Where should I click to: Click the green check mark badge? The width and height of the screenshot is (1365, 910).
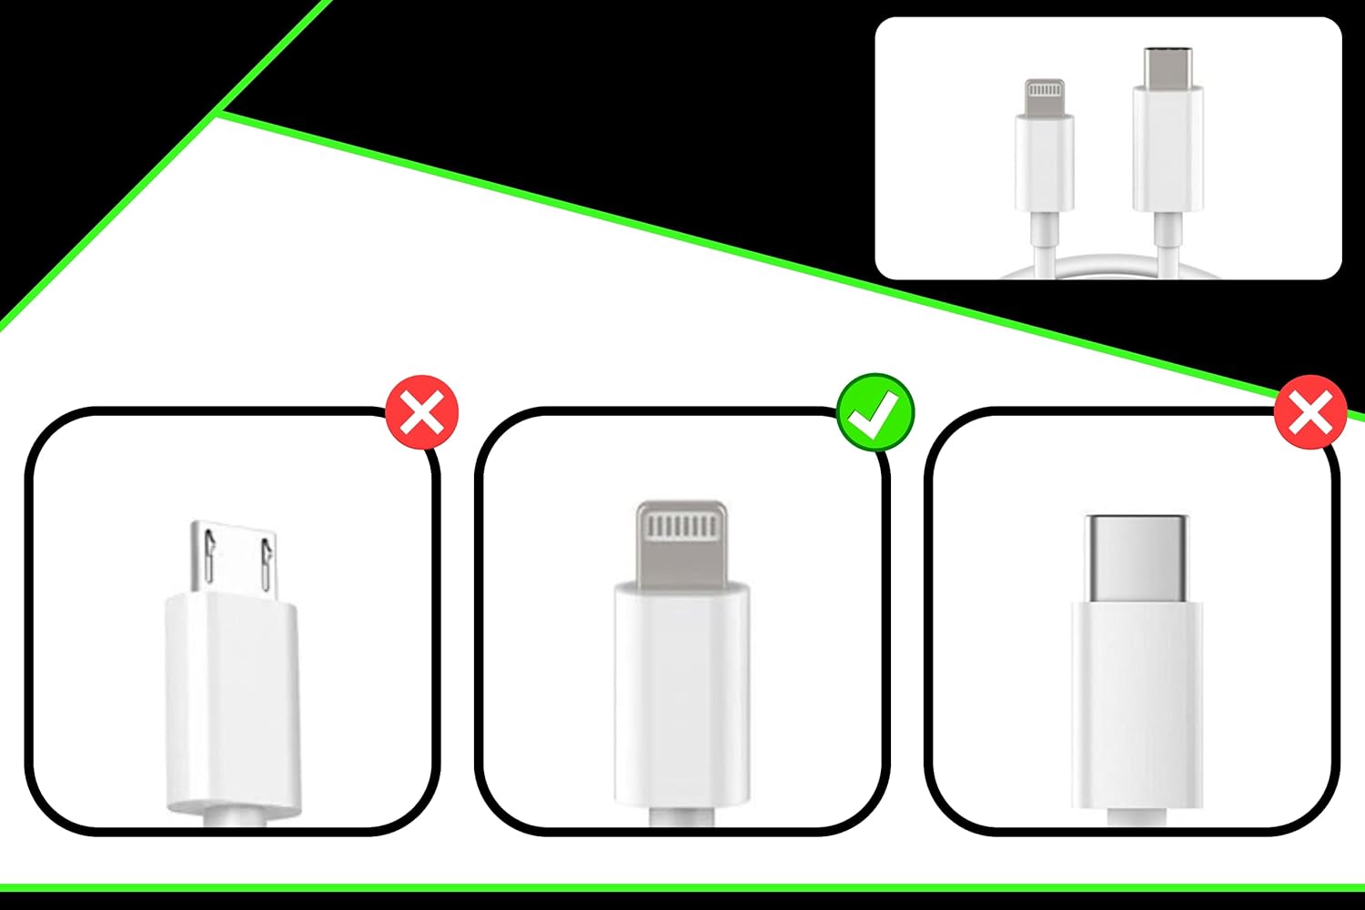(x=875, y=412)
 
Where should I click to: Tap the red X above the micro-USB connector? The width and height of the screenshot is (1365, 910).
(x=422, y=413)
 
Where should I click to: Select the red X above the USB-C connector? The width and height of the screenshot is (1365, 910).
(x=1309, y=413)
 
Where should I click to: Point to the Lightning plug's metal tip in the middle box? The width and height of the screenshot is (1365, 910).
(x=682, y=544)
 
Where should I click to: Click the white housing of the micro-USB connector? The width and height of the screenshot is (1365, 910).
(x=232, y=701)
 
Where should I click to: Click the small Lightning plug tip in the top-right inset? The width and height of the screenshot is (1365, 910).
(x=1044, y=97)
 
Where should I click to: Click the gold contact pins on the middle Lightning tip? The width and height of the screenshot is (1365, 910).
(x=682, y=527)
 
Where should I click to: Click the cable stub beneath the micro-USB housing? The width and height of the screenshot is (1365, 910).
(x=233, y=819)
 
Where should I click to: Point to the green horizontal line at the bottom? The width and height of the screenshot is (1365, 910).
(x=682, y=887)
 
